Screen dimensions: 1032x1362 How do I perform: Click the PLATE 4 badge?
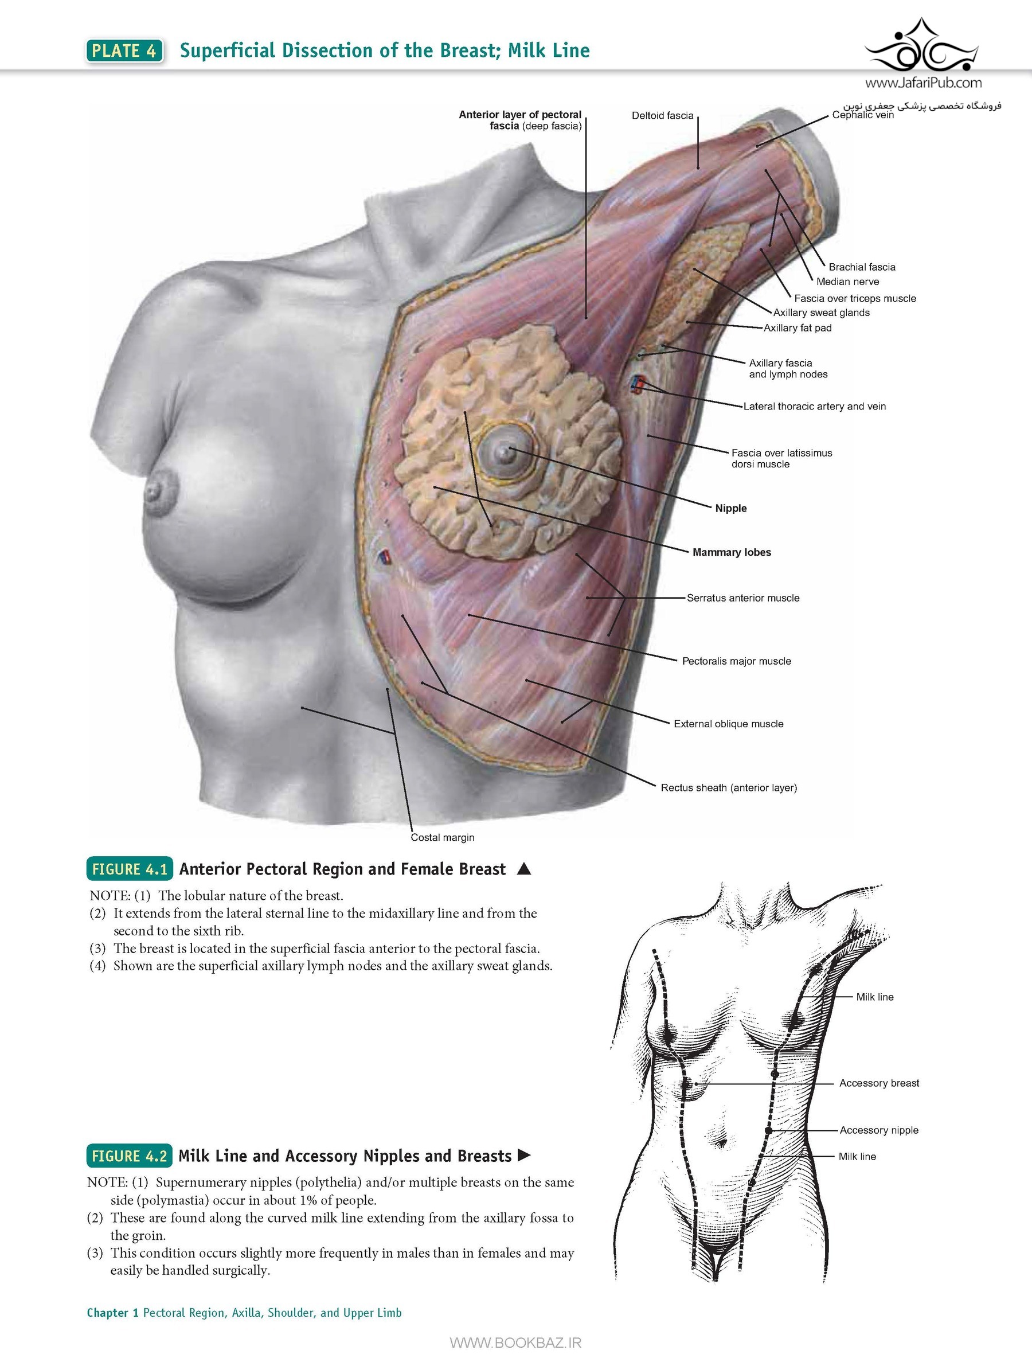pos(125,50)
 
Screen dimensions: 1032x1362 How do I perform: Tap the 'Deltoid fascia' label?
pos(663,116)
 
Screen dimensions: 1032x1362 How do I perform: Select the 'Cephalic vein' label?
pos(863,115)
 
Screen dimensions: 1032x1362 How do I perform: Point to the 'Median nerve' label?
pos(847,282)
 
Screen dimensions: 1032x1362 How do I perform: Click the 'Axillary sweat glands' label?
pos(822,313)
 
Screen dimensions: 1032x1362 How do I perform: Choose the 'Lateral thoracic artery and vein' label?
pos(814,407)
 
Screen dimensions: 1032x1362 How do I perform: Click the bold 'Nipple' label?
pos(731,509)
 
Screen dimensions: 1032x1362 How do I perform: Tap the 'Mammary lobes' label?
pos(732,552)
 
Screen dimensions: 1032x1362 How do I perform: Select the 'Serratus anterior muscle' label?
pos(743,598)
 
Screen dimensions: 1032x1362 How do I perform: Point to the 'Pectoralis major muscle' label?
pos(736,661)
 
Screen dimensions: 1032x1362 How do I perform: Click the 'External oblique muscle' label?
pos(729,724)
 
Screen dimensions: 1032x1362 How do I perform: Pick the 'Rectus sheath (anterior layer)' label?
pos(729,787)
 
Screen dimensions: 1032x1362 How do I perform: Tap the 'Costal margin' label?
pos(442,837)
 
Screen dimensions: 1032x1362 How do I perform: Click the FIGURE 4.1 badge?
pos(130,869)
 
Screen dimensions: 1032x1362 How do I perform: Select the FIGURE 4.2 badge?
pos(130,1156)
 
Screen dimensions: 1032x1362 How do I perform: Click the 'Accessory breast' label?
pos(879,1083)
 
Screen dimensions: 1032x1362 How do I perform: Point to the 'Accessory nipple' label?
pos(879,1130)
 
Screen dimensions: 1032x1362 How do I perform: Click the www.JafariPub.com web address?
pos(923,83)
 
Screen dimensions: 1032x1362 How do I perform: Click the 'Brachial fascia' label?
pos(862,267)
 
